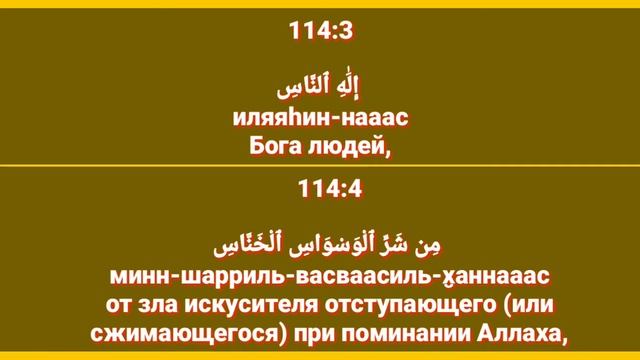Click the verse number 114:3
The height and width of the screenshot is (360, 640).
pyautogui.click(x=321, y=31)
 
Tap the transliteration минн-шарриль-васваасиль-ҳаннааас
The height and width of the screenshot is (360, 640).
pyautogui.click(x=321, y=273)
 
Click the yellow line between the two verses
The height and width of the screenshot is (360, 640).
pyautogui.click(x=320, y=165)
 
